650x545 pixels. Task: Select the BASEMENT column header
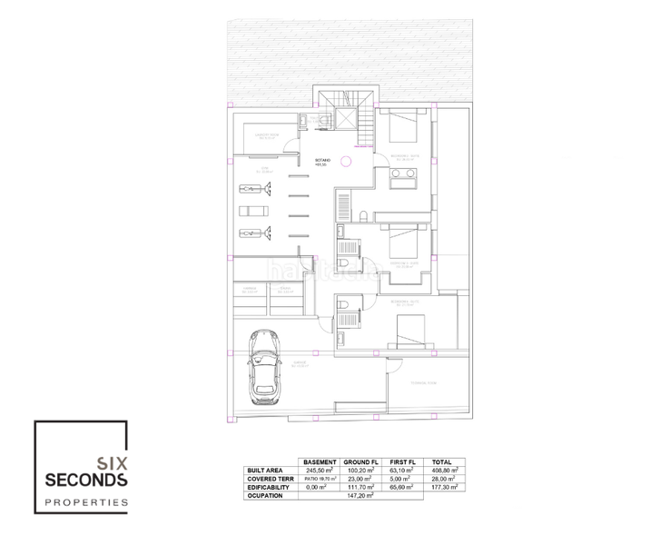[320, 461]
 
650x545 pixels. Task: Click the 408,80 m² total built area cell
[445, 470]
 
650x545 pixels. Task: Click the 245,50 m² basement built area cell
[320, 470]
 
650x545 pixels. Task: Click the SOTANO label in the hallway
[322, 159]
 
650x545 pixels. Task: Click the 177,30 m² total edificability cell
[445, 487]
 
